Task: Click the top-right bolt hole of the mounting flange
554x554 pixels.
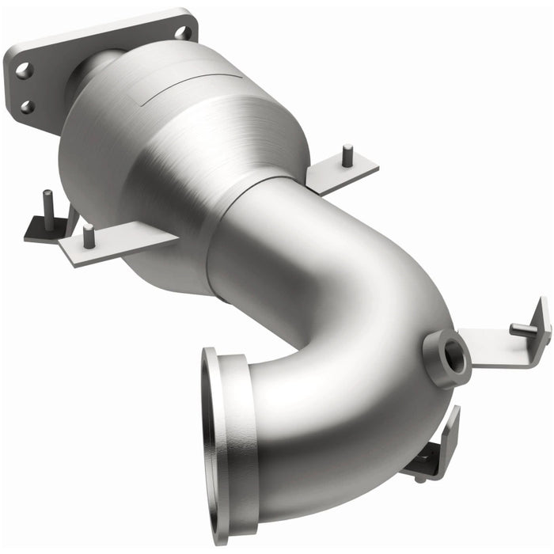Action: click(183, 32)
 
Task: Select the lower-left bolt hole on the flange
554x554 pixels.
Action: click(27, 106)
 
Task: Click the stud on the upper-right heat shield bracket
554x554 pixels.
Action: click(347, 155)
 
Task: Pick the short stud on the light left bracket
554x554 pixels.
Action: click(89, 234)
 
